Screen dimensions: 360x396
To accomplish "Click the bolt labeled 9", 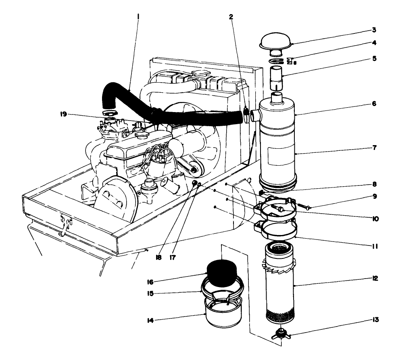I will pyautogui.click(x=305, y=207).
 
